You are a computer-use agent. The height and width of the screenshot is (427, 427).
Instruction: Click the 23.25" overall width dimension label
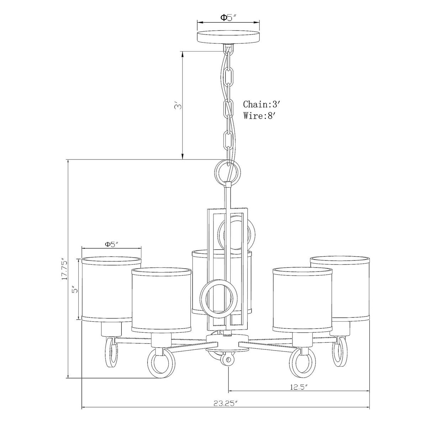(x=226, y=385)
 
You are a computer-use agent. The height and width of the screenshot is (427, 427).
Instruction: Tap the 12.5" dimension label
(x=299, y=369)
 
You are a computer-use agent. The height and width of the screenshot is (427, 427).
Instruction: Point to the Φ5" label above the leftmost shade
(x=111, y=244)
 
